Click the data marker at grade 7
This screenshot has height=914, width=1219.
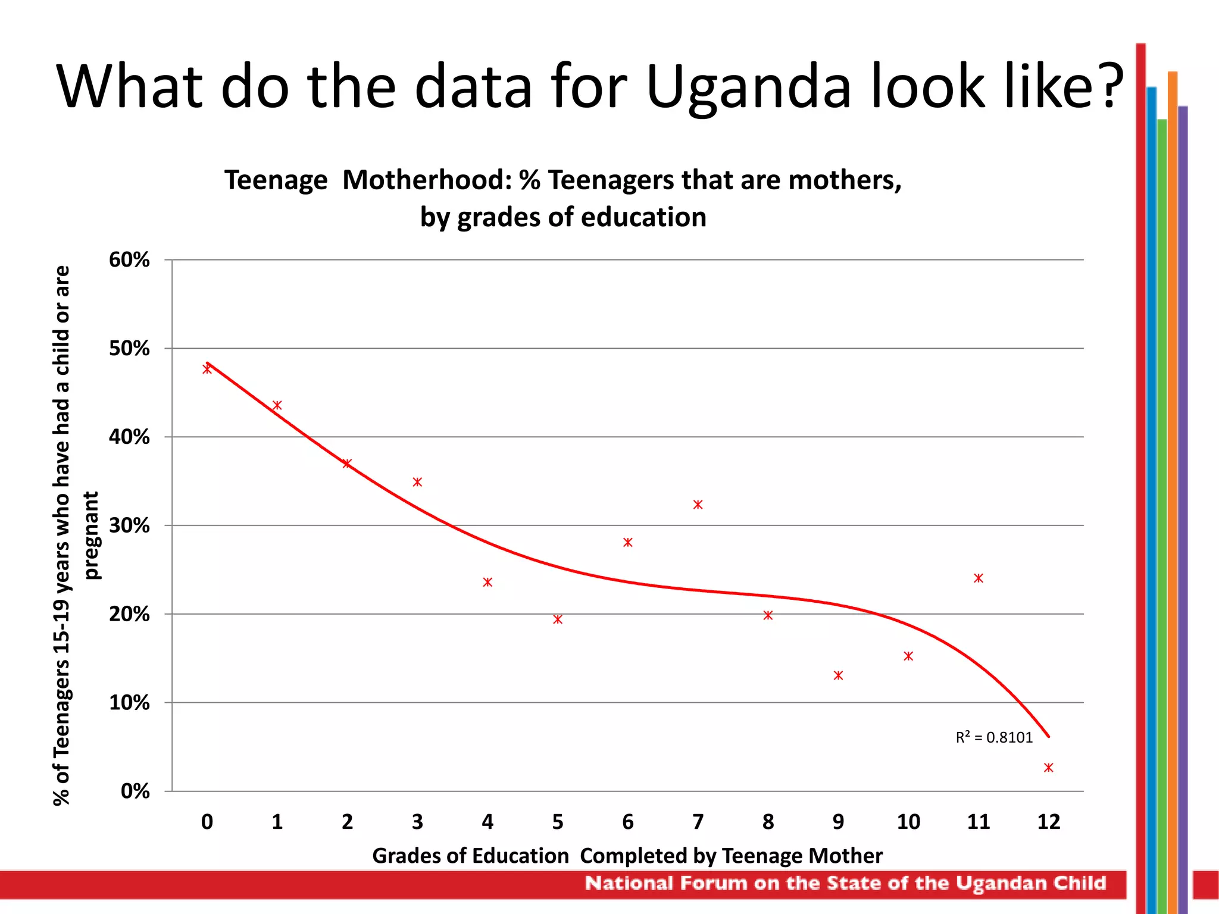coord(698,505)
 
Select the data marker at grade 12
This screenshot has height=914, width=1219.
coord(1048,768)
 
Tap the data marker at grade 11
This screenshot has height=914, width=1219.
coord(979,578)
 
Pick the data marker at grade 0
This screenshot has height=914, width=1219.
coord(207,369)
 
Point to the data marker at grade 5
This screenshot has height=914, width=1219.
coord(558,619)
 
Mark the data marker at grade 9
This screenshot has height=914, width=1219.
coord(838,675)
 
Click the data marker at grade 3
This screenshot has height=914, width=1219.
coord(417,482)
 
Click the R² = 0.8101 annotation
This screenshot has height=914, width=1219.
coord(994,738)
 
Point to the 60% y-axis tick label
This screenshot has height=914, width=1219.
coord(129,260)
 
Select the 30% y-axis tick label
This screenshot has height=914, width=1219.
coord(129,525)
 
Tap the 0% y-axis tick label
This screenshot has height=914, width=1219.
coord(135,791)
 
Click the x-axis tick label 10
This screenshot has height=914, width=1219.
coord(908,822)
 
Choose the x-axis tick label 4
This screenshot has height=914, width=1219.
coord(487,822)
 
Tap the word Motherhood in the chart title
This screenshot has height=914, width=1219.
coord(427,180)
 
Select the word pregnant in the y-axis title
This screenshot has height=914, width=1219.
coord(92,535)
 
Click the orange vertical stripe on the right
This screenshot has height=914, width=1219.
coord(1172,476)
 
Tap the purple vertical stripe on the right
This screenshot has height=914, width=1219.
coord(1183,476)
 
